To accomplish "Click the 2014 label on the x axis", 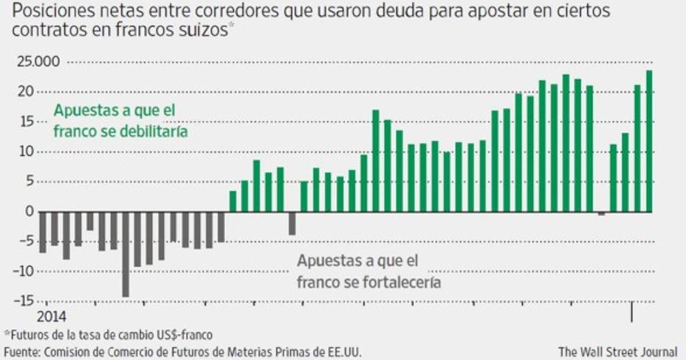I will (52, 316).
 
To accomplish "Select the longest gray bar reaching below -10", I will (125, 254).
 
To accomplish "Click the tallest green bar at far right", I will (649, 141).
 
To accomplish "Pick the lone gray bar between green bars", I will (292, 223).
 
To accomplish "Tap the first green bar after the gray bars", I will (233, 201).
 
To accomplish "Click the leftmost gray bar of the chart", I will (42, 232).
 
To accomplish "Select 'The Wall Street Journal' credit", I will (617, 350).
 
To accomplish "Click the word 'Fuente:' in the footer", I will (21, 350).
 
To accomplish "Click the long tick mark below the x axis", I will (632, 312).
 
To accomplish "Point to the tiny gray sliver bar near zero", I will (602, 214).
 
